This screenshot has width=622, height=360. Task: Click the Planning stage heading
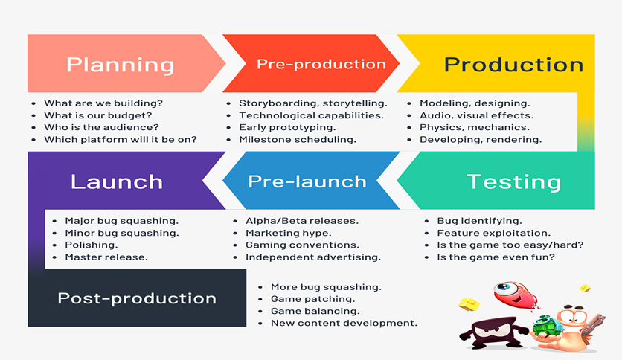pos(121,65)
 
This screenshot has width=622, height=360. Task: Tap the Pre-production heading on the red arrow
pos(321,64)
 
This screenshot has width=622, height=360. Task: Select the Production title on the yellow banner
pos(513,65)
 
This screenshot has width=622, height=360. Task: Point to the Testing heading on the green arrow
pos(513,182)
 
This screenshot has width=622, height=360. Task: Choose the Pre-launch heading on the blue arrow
pos(307,182)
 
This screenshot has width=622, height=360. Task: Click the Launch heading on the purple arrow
pos(117,182)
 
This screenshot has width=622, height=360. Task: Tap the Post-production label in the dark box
pos(137,298)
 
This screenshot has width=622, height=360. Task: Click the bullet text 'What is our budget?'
pos(98,115)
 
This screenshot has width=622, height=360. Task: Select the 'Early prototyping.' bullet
pos(287,128)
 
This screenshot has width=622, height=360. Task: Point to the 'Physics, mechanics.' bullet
pos(475,127)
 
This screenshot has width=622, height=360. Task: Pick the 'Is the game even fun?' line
pos(496,257)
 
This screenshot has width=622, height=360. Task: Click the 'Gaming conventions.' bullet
pos(302,245)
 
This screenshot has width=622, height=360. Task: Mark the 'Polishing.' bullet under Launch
pos(92,245)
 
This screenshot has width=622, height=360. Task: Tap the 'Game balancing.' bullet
pos(315,311)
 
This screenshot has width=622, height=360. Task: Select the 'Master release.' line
pos(106,257)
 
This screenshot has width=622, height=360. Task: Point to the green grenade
pos(546,326)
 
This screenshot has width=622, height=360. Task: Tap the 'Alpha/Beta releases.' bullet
pos(302,221)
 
